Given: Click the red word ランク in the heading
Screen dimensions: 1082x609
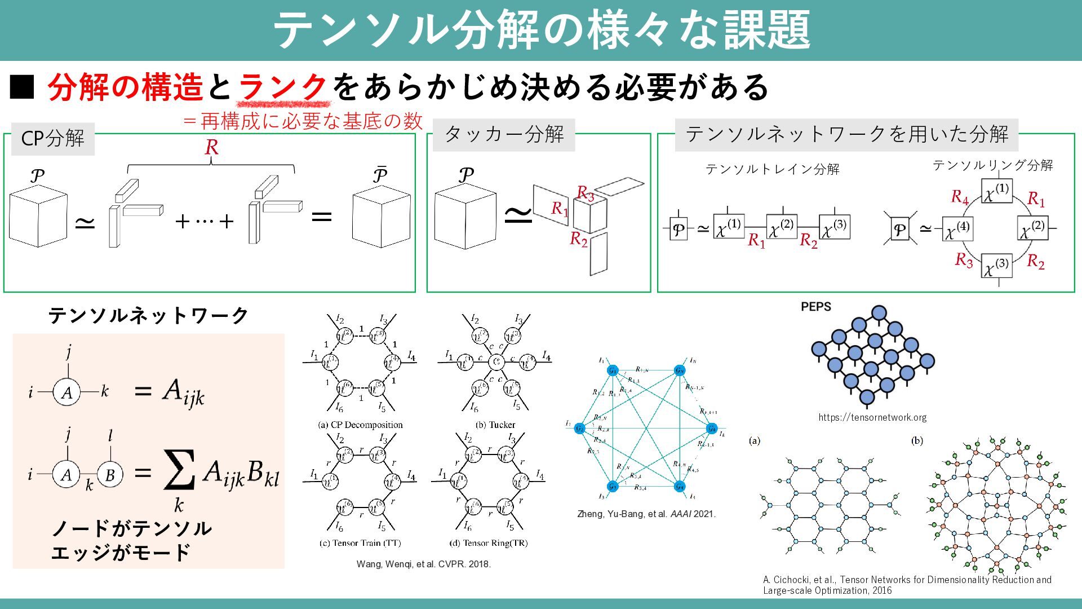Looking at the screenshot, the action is point(283,87).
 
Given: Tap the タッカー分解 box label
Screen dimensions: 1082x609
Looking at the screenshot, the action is point(504,135).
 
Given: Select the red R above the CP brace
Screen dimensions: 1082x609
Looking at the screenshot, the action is point(211,147).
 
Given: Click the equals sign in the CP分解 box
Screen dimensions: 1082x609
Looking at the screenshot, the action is point(321,216).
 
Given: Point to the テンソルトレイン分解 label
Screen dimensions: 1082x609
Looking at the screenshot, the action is point(772,169).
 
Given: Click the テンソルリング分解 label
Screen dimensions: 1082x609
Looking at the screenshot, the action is point(992,165).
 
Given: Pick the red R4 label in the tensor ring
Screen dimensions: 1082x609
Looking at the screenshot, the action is point(959,197).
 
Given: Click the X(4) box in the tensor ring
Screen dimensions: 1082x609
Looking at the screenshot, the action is point(958,229).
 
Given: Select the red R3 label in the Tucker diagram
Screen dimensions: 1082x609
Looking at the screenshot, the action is point(586,194).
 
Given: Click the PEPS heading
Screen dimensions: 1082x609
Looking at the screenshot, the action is point(815,307).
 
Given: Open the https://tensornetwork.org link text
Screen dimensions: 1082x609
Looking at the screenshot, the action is point(872,417).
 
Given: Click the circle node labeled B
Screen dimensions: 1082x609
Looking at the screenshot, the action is point(110,475).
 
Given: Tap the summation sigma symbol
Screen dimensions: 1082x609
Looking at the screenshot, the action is point(179,470).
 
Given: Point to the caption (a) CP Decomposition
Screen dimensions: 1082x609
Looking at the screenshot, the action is point(361,425).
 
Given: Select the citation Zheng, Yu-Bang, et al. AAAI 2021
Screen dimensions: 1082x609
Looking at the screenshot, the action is point(646,514).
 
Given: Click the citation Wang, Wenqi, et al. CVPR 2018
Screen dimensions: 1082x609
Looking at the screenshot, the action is point(423,564).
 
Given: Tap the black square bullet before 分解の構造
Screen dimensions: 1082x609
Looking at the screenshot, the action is point(22,88).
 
